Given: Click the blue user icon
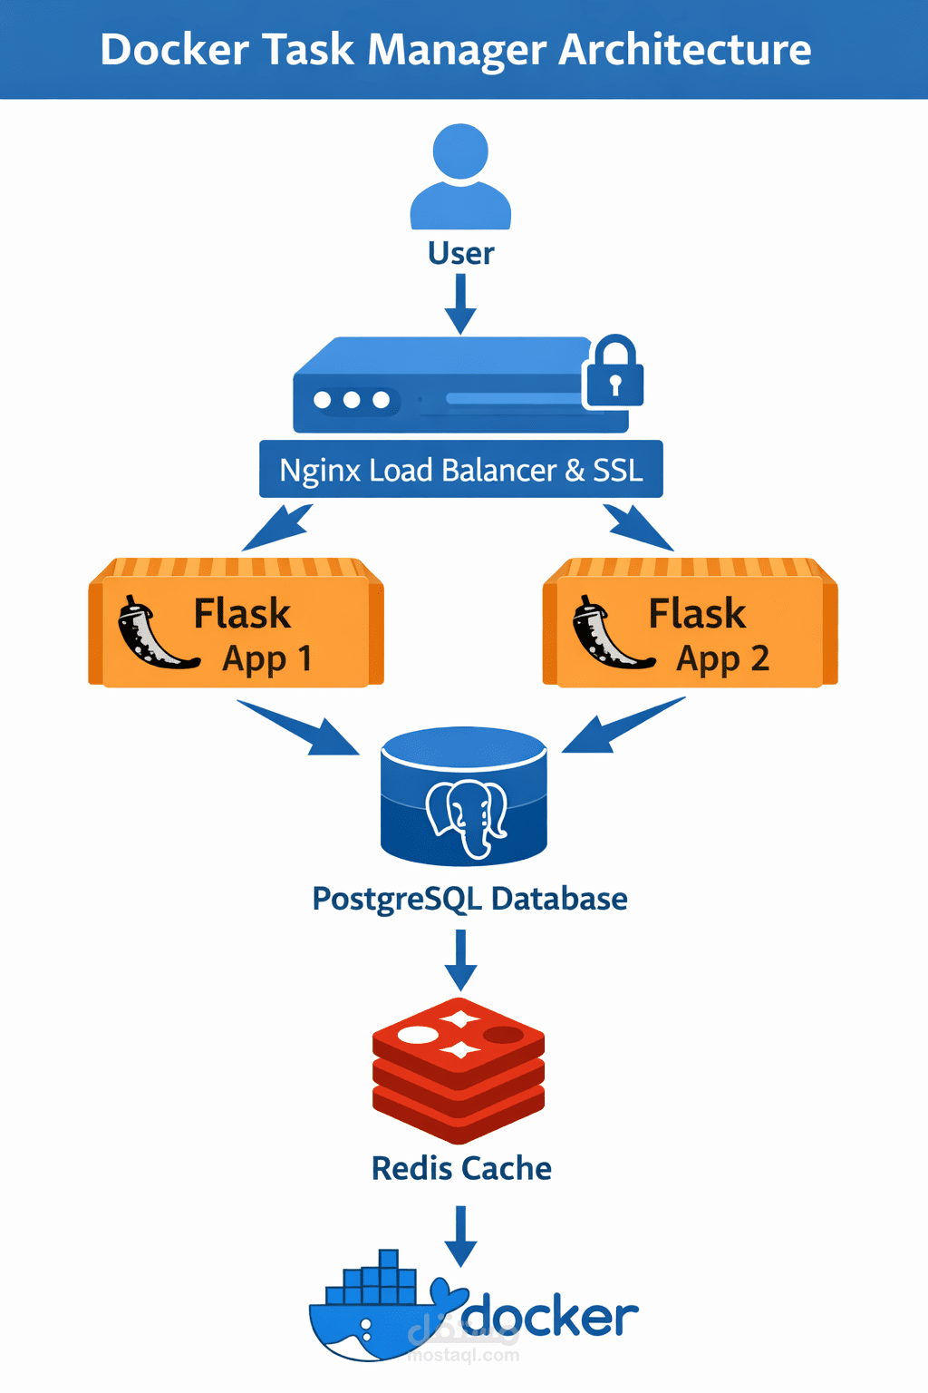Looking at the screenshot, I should [460, 178].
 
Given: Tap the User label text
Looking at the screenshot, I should [460, 253].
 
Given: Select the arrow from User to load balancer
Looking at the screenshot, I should [460, 304].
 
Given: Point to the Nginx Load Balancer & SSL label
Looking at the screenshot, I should [460, 470].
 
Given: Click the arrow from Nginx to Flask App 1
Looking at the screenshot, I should [278, 528].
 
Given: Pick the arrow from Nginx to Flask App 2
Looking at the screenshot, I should [638, 528].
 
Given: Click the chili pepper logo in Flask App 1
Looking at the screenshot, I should [152, 635].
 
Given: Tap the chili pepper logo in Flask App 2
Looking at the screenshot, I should [607, 635].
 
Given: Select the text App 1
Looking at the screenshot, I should [267, 658].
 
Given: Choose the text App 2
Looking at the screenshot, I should [722, 658].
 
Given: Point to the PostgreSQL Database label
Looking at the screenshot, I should [469, 899].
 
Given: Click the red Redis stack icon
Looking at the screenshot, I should [459, 1070].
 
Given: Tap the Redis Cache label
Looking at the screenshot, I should [461, 1168].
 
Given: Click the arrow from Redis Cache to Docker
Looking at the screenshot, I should [460, 1236].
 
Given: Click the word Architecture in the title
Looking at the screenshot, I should [684, 49].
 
